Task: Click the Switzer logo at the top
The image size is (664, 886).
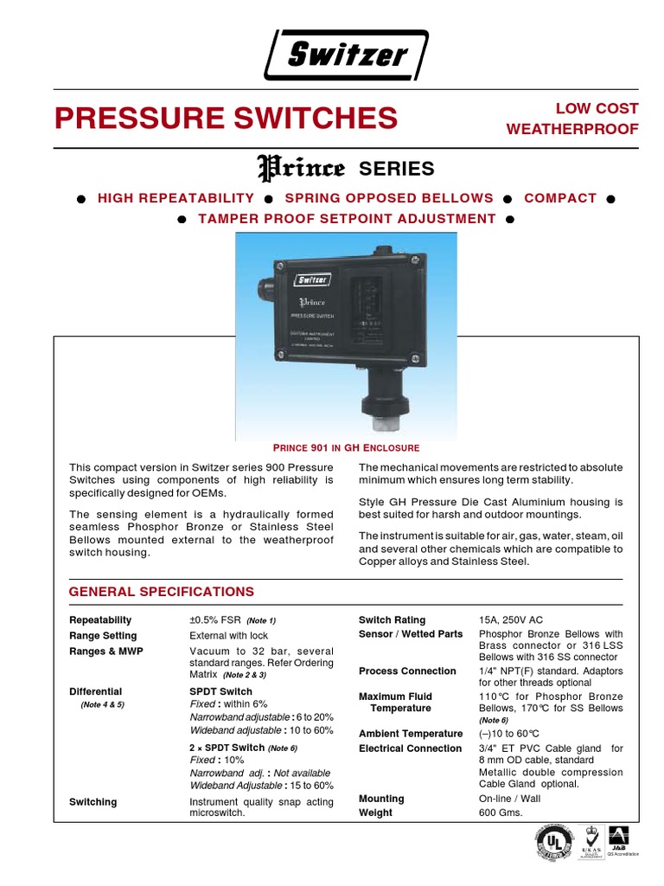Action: click(x=347, y=55)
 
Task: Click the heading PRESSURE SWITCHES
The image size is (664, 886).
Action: click(x=227, y=118)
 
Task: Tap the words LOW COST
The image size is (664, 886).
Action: click(x=597, y=109)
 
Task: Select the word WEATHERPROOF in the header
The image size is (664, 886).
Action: click(x=572, y=130)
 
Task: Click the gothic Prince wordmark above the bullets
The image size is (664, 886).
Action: click(x=302, y=167)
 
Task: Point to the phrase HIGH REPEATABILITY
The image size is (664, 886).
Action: click(x=176, y=198)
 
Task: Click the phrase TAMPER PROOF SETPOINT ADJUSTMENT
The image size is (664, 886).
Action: click(x=347, y=219)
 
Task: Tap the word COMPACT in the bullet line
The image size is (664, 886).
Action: click(x=560, y=198)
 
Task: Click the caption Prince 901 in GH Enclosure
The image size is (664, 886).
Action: click(x=346, y=448)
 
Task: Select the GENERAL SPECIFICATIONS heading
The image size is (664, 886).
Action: click(x=162, y=592)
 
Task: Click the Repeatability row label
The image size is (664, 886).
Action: click(x=100, y=620)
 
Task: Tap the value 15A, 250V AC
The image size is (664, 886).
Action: click(x=511, y=620)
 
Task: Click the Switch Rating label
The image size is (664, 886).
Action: click(x=392, y=620)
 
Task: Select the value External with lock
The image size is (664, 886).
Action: click(x=229, y=636)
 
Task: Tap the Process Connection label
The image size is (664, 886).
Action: click(x=407, y=671)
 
